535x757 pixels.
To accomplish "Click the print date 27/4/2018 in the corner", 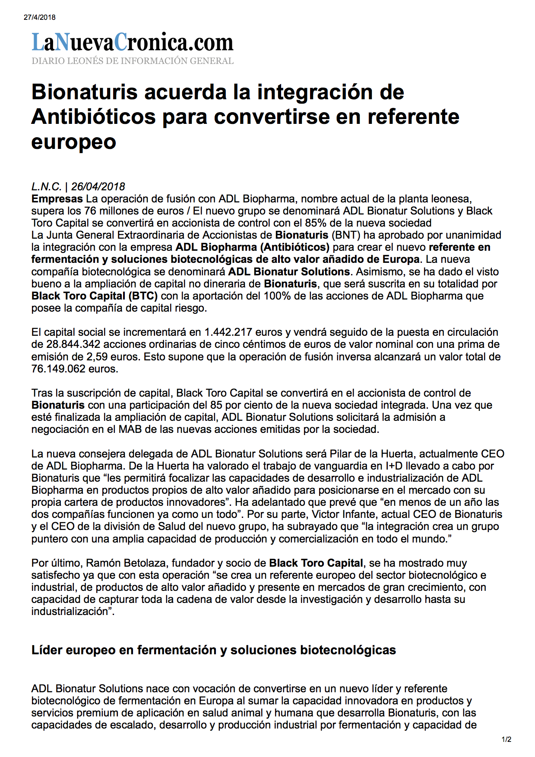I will tap(39, 17).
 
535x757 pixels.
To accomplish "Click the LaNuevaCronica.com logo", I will tap(132, 42).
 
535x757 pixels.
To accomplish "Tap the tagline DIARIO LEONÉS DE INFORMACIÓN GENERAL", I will tap(132, 61).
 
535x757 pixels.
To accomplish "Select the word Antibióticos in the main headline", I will tap(93, 117).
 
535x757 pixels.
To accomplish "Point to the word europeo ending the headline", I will tap(73, 142).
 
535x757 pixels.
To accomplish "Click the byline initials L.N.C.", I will tap(46, 186).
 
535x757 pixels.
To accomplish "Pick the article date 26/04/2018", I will tap(98, 186).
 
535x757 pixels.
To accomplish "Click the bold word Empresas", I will tap(57, 199).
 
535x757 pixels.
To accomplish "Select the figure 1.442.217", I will tap(228, 332).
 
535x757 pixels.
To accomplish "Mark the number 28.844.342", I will tap(73, 344).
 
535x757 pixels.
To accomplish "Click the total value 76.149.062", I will tap(58, 369).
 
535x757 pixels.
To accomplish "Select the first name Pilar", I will tap(342, 454).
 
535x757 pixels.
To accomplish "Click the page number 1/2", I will tap(507, 739).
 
